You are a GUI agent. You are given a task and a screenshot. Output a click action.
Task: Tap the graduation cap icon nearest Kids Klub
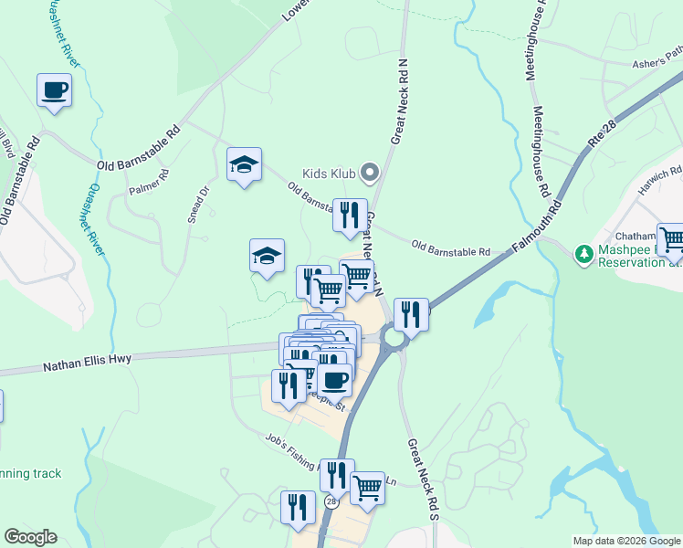coord(244,165)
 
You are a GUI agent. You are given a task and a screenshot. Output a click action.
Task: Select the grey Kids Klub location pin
coord(369,172)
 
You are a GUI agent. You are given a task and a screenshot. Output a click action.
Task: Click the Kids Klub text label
coord(329,173)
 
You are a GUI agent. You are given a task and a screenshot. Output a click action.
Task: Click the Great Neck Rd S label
coord(422,479)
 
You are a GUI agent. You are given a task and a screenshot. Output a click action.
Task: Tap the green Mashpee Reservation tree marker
coord(581,251)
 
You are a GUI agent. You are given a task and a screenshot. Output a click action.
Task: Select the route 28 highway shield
coord(331,502)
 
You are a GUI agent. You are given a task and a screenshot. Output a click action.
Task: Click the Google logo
coord(30,537)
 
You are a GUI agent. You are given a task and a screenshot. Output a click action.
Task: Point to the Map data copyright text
coord(625,541)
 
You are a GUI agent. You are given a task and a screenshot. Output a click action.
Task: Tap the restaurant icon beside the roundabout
coord(411,316)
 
